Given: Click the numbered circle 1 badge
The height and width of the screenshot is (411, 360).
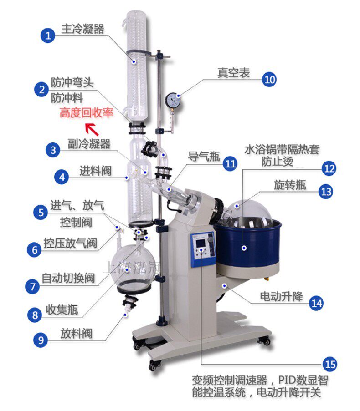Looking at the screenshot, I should coord(48,35).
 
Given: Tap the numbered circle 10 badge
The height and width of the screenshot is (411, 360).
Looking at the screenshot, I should coord(269,79).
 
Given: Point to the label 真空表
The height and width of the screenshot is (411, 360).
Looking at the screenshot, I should coord(233,73).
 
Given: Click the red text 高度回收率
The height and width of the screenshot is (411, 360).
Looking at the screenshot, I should coord(86,113).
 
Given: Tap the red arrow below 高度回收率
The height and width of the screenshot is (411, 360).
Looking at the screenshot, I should coord(92,129).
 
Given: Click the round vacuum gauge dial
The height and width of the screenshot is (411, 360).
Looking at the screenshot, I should coord(173,99).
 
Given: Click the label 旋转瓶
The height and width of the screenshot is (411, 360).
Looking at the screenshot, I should coord(290,185).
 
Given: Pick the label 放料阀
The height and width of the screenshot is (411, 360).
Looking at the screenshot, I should coord(76,333).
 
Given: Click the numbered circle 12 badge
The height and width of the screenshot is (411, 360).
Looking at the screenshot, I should coord(329,168).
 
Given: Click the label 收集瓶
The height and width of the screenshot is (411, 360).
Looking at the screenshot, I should coord(62,311).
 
